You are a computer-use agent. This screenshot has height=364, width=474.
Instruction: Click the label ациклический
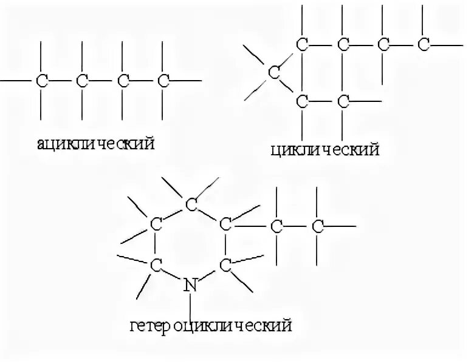pyautogui.click(x=95, y=144)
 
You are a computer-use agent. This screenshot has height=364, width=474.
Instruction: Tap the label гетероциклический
pyautogui.click(x=211, y=326)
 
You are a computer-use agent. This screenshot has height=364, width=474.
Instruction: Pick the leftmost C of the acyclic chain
pyautogui.click(x=42, y=80)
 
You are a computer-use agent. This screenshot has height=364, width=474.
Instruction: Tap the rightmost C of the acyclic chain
pyautogui.click(x=163, y=80)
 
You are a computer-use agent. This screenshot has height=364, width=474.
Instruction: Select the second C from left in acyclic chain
pyautogui.click(x=82, y=80)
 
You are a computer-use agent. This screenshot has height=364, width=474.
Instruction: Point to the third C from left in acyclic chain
pyautogui.click(x=123, y=80)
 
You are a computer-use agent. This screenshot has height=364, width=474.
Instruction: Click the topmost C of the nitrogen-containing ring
pyautogui.click(x=191, y=204)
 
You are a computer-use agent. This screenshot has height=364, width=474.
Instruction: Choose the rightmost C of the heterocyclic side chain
pyautogui.click(x=318, y=226)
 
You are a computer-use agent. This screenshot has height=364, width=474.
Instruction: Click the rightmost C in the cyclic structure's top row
pyautogui.click(x=424, y=44)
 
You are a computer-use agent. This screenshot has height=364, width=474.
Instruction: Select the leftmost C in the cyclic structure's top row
pyautogui.click(x=302, y=44)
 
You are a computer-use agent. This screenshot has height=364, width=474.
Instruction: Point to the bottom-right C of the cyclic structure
pyautogui.click(x=343, y=100)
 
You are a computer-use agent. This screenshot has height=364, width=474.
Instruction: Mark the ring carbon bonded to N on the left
pyautogui.click(x=157, y=264)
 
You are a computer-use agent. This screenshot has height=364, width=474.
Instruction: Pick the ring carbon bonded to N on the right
pyautogui.click(x=225, y=264)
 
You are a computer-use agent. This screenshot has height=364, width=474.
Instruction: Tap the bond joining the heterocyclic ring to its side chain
pyautogui.click(x=251, y=225)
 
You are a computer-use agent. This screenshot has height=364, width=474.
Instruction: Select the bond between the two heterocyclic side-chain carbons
pyautogui.click(x=297, y=226)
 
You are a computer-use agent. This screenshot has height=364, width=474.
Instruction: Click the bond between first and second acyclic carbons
pyautogui.click(x=62, y=80)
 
